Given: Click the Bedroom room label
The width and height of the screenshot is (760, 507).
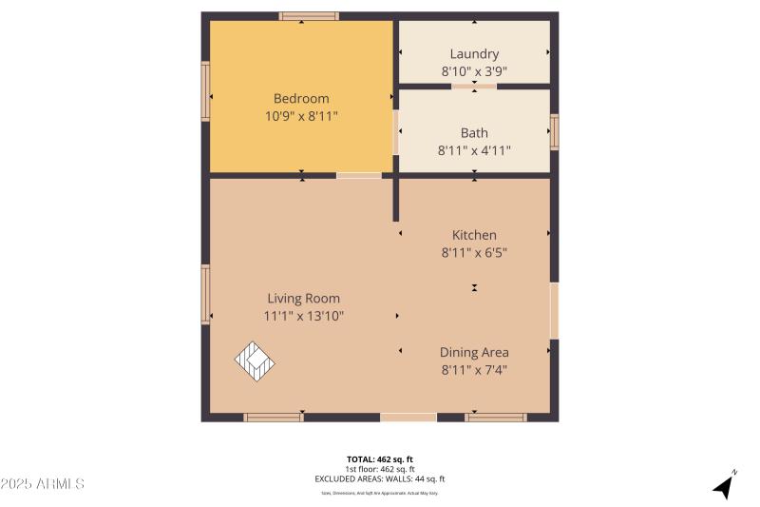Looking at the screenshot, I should pyautogui.click(x=301, y=98).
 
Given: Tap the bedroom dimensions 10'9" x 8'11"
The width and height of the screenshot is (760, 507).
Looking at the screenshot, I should pyautogui.click(x=301, y=116).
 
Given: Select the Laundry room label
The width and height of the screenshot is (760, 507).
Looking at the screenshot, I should pyautogui.click(x=474, y=54).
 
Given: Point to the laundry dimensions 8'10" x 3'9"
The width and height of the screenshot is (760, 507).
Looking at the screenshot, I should pyautogui.click(x=474, y=71).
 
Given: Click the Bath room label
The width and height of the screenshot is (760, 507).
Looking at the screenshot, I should pyautogui.click(x=474, y=133).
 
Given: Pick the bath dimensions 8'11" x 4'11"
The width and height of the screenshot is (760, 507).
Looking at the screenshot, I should pyautogui.click(x=474, y=150).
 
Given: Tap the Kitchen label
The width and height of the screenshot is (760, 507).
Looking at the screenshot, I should pyautogui.click(x=474, y=235).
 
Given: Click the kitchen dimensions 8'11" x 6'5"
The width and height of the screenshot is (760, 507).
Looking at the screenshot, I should pyautogui.click(x=474, y=253).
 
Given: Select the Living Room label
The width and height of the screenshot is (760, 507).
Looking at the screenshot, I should pyautogui.click(x=303, y=298).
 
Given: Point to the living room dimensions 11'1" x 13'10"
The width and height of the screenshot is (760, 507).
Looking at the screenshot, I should pyautogui.click(x=303, y=316).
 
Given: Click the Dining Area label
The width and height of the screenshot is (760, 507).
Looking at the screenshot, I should pyautogui.click(x=474, y=352).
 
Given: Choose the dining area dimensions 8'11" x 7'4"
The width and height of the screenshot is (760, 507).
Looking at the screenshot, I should pyautogui.click(x=474, y=370).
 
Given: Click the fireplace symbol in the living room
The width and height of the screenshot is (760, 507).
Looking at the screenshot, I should pyautogui.click(x=256, y=360).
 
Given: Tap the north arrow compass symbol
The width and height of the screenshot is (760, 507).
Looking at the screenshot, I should pyautogui.click(x=725, y=485).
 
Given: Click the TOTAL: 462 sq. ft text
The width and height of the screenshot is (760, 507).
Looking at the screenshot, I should pyautogui.click(x=380, y=458).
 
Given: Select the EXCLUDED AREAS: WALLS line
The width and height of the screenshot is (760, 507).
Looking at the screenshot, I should pyautogui.click(x=380, y=479).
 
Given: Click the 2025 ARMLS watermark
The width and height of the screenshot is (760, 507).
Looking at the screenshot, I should pyautogui.click(x=43, y=484).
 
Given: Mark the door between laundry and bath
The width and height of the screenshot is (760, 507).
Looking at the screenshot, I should pyautogui.click(x=473, y=86).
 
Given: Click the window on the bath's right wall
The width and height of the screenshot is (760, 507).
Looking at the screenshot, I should pyautogui.click(x=555, y=132).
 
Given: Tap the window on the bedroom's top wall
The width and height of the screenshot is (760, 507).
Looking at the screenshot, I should pyautogui.click(x=309, y=16).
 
